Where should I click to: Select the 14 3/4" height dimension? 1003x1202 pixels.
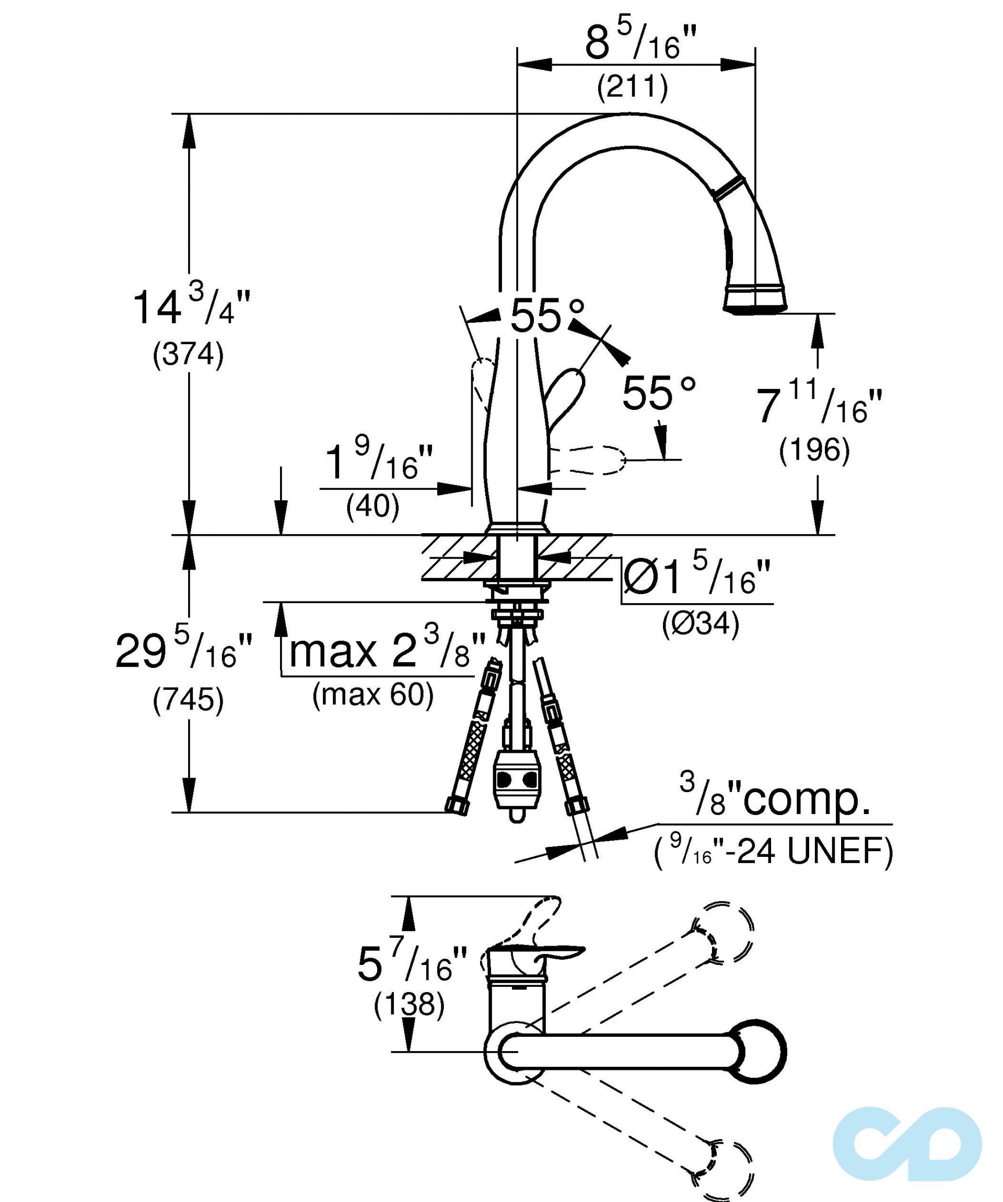[x=192, y=308]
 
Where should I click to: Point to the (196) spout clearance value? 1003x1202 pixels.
[x=813, y=451]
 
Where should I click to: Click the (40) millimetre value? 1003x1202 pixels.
[x=372, y=506]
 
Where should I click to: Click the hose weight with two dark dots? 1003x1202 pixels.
[x=516, y=780]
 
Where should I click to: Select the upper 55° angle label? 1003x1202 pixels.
[x=547, y=316]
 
